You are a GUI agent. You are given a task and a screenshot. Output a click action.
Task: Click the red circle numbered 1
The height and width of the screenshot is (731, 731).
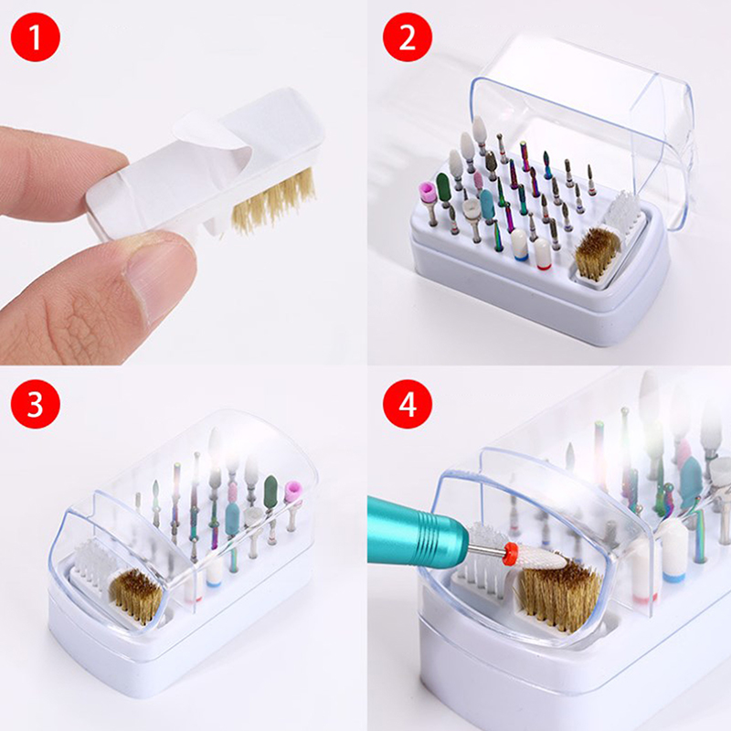36,37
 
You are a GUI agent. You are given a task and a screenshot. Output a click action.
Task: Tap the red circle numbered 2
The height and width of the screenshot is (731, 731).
408,37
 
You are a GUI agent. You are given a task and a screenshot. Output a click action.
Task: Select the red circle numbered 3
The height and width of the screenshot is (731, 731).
36,404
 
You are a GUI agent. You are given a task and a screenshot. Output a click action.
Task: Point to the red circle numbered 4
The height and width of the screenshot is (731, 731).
408,404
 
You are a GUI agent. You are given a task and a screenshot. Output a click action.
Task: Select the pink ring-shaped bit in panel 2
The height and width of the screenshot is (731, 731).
427,191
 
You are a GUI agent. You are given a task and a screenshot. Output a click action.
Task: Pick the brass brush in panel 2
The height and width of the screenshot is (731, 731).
598,254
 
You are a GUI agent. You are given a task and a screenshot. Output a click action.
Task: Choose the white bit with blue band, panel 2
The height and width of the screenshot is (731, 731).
519,245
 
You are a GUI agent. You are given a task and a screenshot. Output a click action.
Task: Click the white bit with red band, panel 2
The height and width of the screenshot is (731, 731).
542,254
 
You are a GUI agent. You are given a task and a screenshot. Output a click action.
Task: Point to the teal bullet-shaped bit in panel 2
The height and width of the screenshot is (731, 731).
487,204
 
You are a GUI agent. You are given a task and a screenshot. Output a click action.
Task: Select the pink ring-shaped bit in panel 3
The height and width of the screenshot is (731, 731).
293,492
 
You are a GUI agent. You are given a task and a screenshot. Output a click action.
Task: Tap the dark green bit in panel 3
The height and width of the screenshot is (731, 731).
270,489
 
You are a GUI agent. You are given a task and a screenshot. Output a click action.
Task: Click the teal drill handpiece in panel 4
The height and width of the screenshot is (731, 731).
418,532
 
